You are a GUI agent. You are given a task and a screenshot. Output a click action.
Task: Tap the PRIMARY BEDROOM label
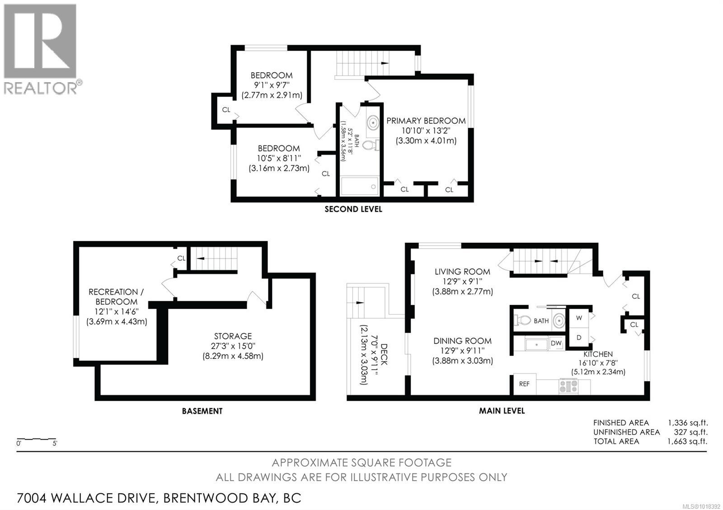click(426, 121)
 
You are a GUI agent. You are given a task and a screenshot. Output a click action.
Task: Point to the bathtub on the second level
click(359, 186)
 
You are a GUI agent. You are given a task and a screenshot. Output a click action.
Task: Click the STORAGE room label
click(233, 336)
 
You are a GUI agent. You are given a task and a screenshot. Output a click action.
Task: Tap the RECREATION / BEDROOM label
click(113, 297)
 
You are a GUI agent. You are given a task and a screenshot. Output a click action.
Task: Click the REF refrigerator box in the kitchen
click(525, 384)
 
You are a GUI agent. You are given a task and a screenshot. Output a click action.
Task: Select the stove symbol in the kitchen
click(568, 386)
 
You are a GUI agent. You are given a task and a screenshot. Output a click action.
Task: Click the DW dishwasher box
click(556, 343)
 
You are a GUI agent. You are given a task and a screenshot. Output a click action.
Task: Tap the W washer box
click(579, 318)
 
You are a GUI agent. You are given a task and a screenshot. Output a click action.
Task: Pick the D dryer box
click(579, 338)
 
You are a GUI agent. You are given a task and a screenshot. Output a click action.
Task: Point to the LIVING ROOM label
click(462, 272)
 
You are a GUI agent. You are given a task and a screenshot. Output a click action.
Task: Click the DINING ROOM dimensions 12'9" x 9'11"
click(462, 351)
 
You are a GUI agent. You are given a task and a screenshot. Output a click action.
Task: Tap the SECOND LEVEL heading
click(353, 209)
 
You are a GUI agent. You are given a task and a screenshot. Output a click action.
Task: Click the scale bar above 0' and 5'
click(36, 439)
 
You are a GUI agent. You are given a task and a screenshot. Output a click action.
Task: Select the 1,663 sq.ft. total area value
click(687, 441)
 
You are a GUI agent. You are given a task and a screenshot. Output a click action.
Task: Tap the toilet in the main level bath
click(523, 320)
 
